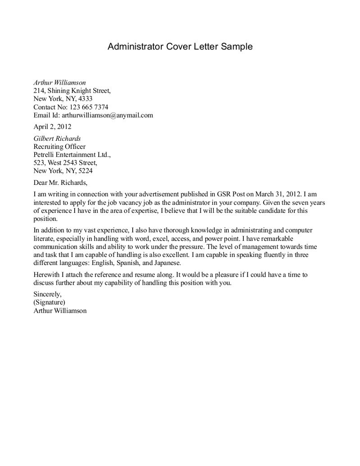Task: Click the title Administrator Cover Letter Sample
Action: tap(180, 46)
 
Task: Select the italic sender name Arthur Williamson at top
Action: tap(59, 83)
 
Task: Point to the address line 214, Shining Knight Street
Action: tap(72, 91)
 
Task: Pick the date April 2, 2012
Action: tap(52, 127)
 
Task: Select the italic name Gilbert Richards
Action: tap(57, 139)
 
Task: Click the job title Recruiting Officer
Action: tap(59, 147)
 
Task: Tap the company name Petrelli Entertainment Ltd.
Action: tap(72, 155)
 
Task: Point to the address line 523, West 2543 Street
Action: tap(66, 163)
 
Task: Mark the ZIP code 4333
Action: tap(85, 99)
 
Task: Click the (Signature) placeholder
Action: tap(49, 302)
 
